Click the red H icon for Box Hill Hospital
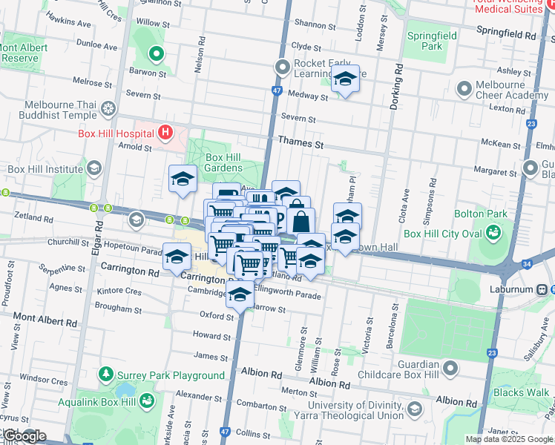[x=165, y=133]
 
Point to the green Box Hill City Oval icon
[x=492, y=234]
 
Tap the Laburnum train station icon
[x=543, y=289]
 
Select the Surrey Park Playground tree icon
[x=106, y=375]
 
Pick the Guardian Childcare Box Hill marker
[x=450, y=368]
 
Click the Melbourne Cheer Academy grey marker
[x=464, y=90]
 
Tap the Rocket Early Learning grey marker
[x=283, y=68]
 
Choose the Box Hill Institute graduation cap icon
[x=93, y=169]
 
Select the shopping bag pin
[x=301, y=221]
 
